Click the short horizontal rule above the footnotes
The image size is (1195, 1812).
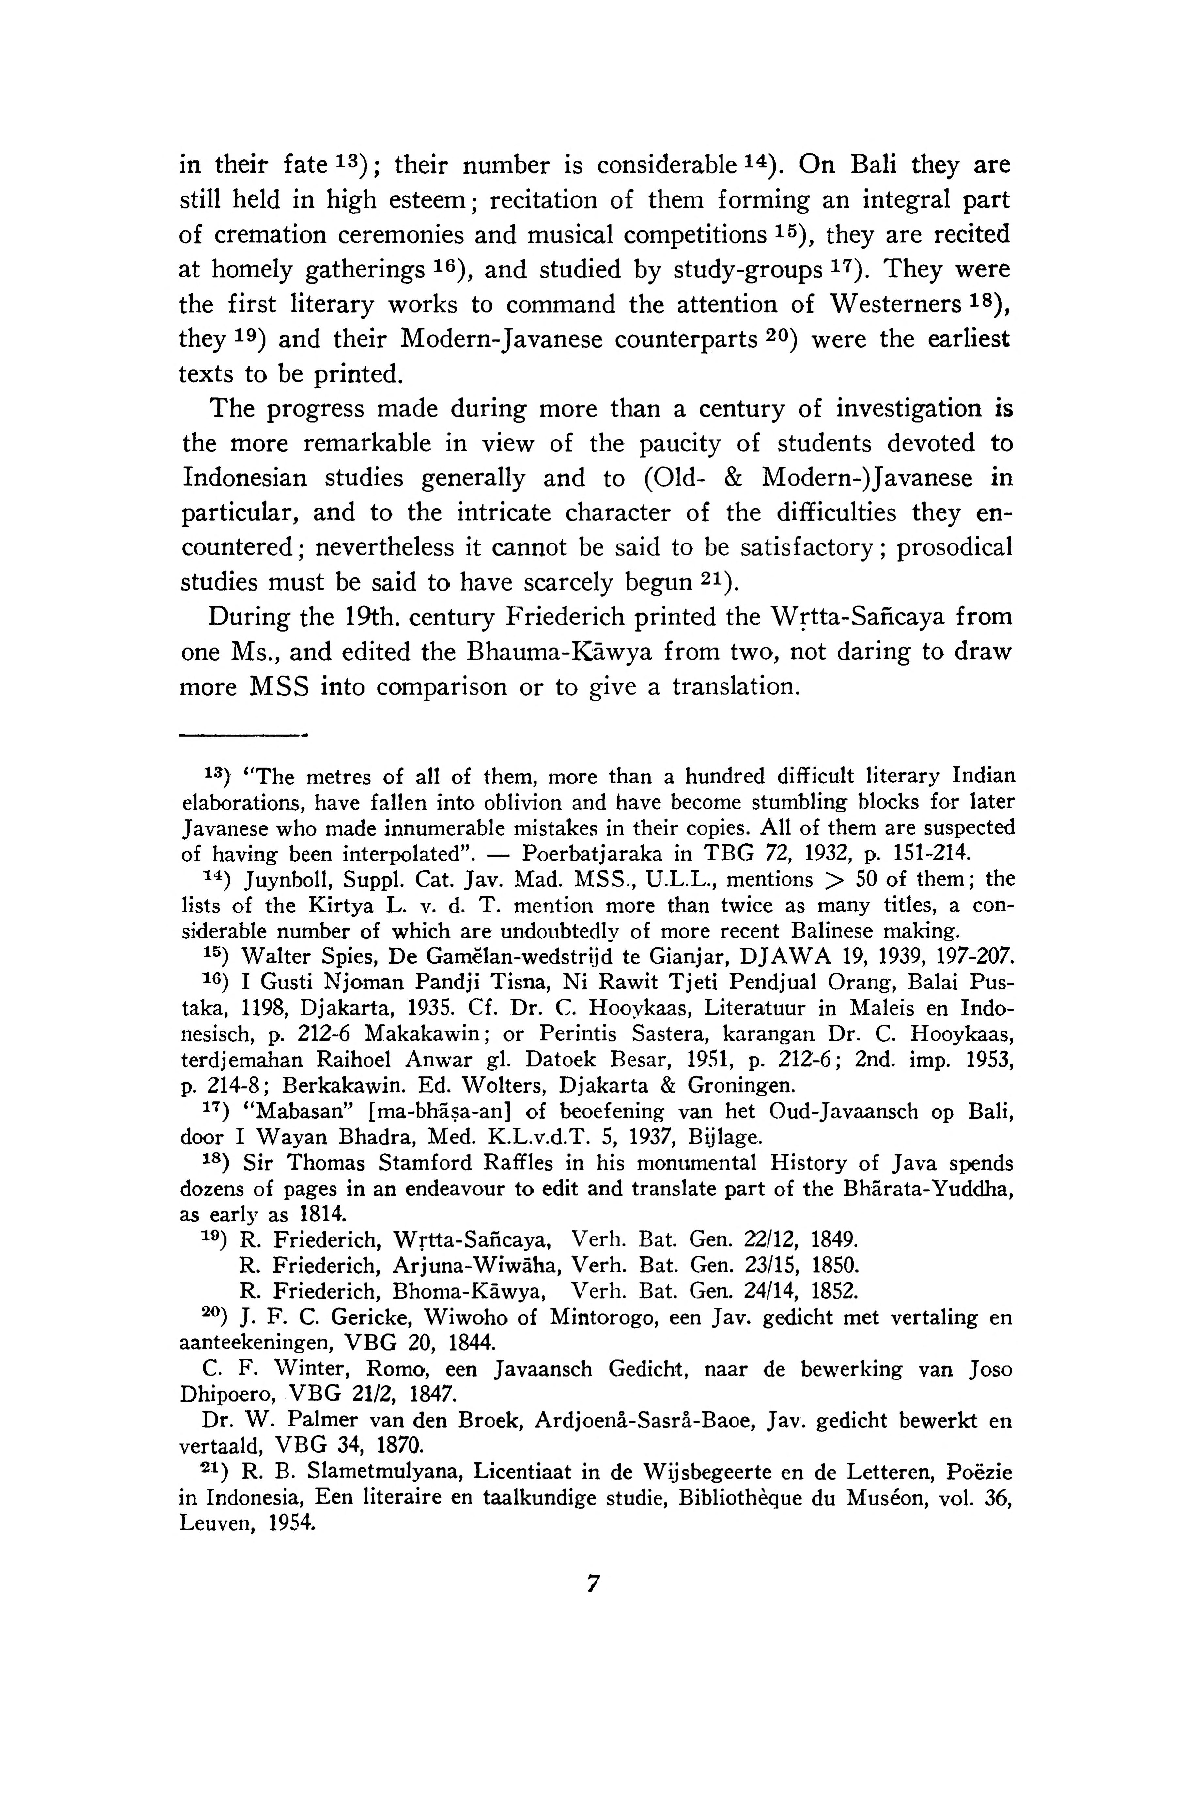241,736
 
